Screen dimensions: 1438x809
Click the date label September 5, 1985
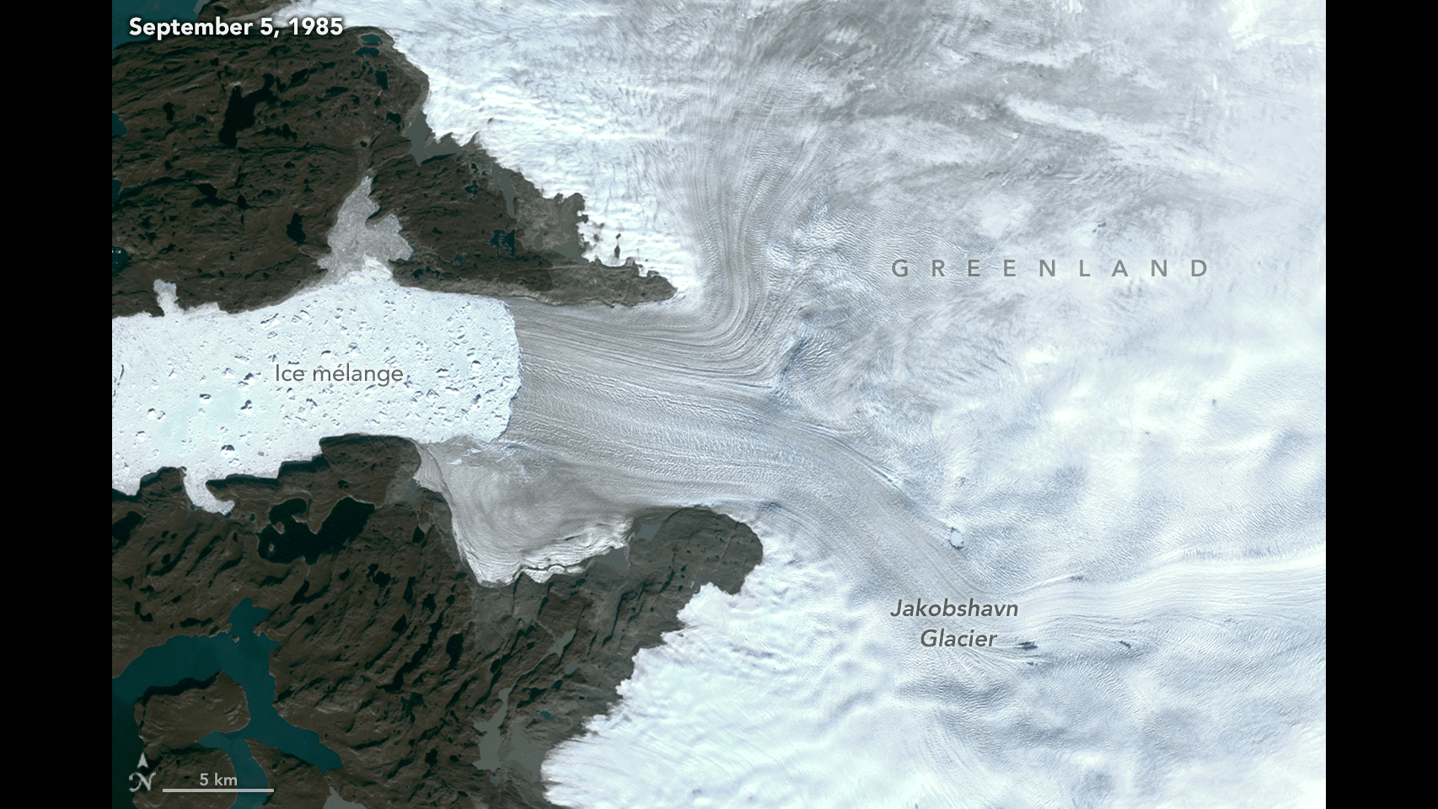tap(236, 27)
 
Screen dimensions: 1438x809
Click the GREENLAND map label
tap(1051, 269)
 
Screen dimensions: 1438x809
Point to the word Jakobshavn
tap(954, 608)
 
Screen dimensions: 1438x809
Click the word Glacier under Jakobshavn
tap(958, 639)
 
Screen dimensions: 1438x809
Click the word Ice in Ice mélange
tap(289, 373)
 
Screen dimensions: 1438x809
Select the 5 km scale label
tap(218, 780)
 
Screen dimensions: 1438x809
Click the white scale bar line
tap(218, 790)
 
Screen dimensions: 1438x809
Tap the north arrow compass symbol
tap(143, 774)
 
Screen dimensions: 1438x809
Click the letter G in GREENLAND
tap(901, 269)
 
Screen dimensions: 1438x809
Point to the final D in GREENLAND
tap(1199, 269)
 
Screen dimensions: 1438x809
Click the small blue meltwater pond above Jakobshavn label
tap(955, 536)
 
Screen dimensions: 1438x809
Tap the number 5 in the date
tap(273, 27)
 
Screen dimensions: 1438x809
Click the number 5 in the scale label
tap(203, 780)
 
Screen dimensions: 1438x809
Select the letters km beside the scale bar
tap(226, 780)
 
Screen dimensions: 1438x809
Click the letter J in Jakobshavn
tap(897, 608)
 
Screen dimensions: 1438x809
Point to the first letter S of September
tap(135, 27)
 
